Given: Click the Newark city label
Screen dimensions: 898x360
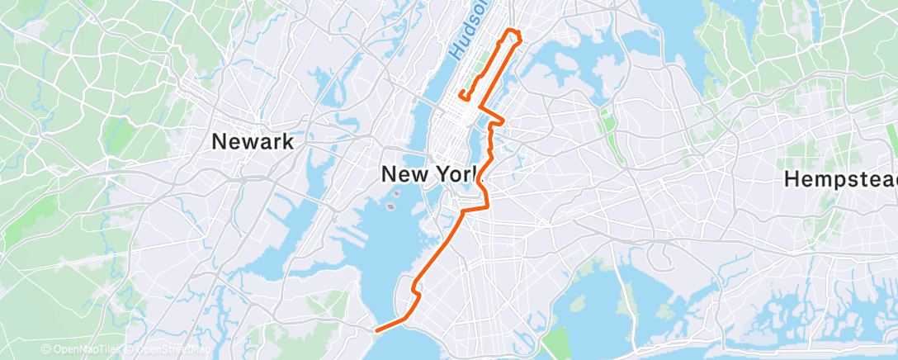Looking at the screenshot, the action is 253,141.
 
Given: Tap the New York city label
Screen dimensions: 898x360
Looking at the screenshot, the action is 430,174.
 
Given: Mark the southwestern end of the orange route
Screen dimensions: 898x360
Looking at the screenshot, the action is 377,330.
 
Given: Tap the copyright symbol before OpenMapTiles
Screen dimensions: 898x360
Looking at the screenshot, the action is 46,350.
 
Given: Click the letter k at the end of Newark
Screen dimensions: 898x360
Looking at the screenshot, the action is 287,141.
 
